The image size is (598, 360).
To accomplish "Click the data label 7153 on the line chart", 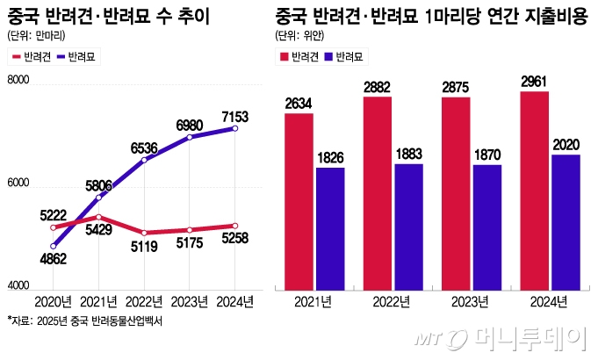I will [234, 117].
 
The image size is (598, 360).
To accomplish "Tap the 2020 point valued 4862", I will [53, 246].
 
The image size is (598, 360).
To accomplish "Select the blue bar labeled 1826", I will [330, 227].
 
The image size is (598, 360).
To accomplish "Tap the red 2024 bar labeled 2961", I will [534, 189].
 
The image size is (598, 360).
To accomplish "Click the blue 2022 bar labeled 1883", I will [408, 226].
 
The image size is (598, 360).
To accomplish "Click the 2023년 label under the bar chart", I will [471, 302].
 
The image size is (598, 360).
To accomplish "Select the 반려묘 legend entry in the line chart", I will [77, 56].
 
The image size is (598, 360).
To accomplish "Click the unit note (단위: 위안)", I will [301, 35].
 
